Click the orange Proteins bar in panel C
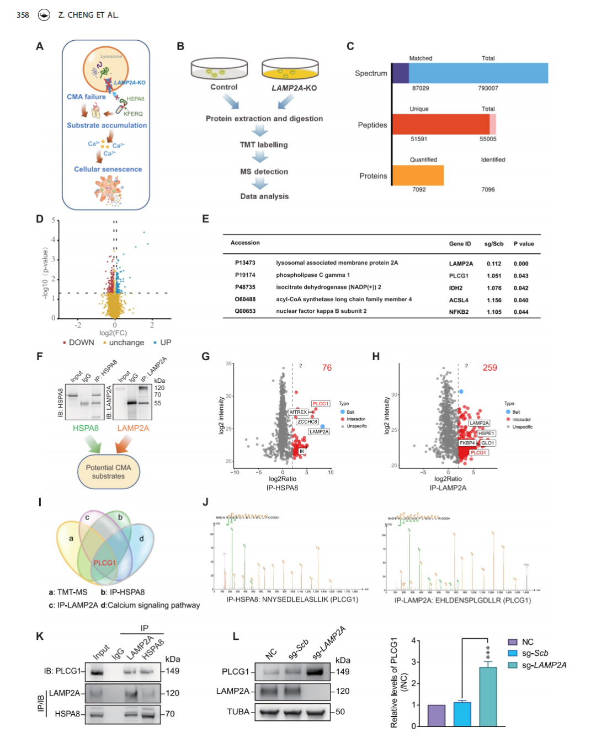(418, 175)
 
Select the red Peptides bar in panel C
(440, 125)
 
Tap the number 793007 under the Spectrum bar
(488, 88)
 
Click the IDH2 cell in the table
(455, 288)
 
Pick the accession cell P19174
(245, 275)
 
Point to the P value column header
(524, 244)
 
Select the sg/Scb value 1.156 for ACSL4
(494, 301)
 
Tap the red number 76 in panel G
(327, 368)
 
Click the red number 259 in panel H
(489, 368)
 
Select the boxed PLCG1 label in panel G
(320, 404)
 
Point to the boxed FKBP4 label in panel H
(467, 443)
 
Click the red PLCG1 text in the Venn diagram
(104, 563)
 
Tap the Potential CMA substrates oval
(108, 472)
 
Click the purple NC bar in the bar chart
(436, 715)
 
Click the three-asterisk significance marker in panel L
(488, 652)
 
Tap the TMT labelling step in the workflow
(263, 145)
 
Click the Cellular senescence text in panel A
(108, 169)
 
